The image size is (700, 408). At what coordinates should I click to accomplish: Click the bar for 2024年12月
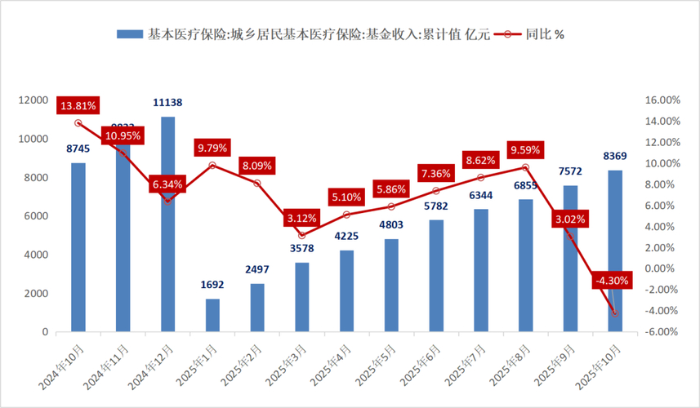click(167, 224)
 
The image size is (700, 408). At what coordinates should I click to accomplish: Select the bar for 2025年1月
click(212, 315)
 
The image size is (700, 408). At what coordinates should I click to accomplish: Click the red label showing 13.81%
click(78, 105)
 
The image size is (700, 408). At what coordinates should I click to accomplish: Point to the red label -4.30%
click(613, 280)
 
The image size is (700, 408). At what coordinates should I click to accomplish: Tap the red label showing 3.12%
click(302, 218)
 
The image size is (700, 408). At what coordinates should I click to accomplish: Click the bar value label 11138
click(167, 103)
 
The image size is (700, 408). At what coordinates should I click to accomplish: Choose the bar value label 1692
click(212, 285)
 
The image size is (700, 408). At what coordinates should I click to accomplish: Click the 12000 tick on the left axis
click(33, 100)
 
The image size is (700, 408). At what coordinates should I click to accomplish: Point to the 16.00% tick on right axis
click(662, 100)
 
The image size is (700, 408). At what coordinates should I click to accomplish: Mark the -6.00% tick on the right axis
click(662, 332)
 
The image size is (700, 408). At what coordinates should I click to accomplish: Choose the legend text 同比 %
click(546, 34)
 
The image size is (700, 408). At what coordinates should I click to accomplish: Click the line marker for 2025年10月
click(614, 313)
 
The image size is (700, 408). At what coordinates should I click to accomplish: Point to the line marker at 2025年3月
click(301, 235)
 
